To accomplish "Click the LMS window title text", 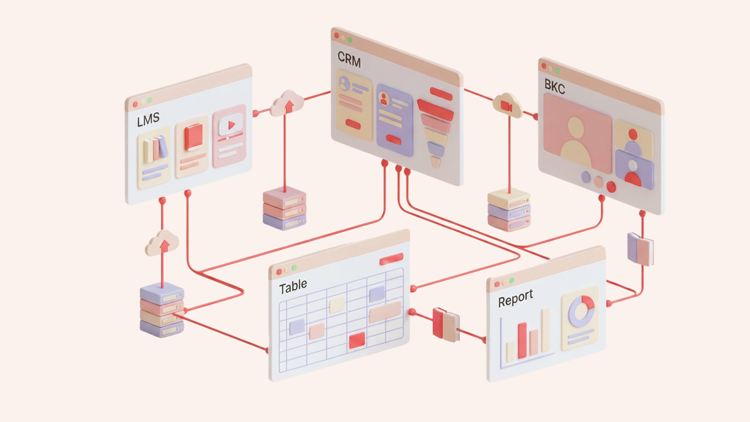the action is click(x=148, y=120).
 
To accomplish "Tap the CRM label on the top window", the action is click(x=349, y=60).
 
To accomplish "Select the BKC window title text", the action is click(x=555, y=87).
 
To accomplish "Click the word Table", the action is click(x=293, y=286).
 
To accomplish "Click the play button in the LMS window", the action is click(x=231, y=125).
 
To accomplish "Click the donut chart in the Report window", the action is click(x=581, y=311).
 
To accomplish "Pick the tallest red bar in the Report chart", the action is click(x=522, y=340).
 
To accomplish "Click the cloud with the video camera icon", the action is click(x=507, y=105).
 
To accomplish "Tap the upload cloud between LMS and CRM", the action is click(x=287, y=104).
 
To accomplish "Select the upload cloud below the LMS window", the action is click(x=162, y=243).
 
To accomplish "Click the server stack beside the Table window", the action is click(x=162, y=311).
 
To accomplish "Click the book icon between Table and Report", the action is click(x=446, y=324).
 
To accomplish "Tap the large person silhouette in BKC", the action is click(x=576, y=143).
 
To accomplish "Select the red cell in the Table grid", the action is click(x=357, y=340).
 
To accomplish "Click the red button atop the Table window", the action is click(x=391, y=259).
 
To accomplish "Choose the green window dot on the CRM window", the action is click(x=350, y=40).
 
